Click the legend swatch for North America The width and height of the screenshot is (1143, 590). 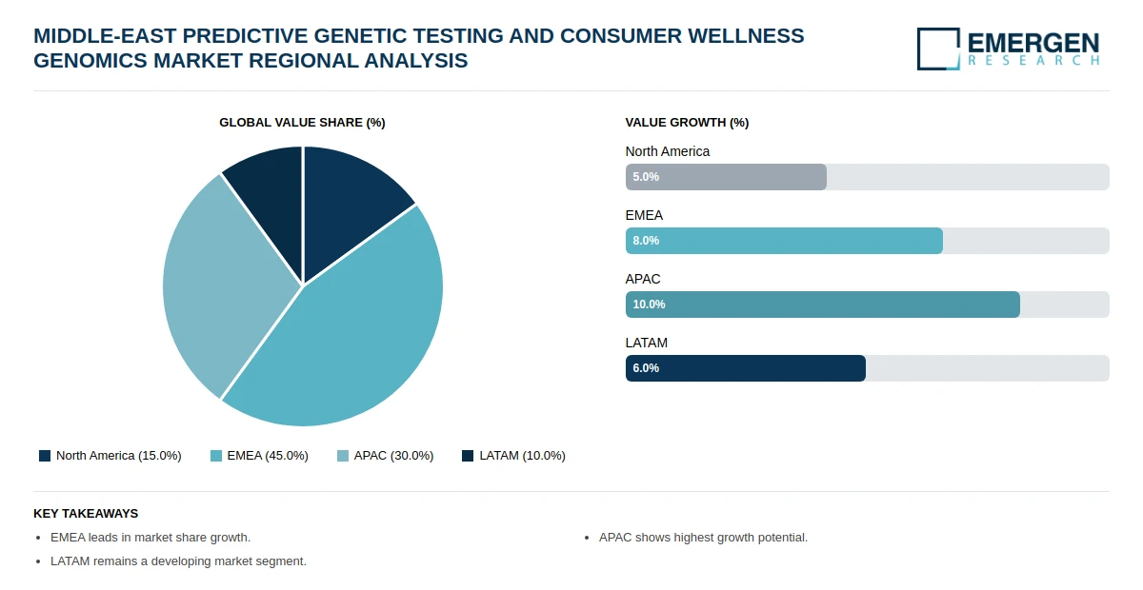[45, 456]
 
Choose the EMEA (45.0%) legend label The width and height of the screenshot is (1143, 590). [267, 456]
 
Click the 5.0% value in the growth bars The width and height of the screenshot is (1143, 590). [646, 177]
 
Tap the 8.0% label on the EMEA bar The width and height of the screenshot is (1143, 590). [646, 241]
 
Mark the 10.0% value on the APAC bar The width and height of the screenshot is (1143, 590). [649, 305]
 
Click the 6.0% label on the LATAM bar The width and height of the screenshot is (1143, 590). [646, 368]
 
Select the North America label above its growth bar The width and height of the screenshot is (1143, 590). [667, 151]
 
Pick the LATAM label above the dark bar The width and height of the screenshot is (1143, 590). [646, 343]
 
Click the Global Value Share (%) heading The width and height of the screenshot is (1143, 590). [302, 123]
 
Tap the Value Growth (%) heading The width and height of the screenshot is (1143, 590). [687, 123]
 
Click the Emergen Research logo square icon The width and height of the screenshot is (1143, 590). [938, 49]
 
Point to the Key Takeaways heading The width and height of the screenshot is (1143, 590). [86, 513]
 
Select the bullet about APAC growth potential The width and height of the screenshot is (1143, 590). [703, 538]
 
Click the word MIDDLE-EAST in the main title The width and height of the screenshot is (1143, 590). [105, 36]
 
